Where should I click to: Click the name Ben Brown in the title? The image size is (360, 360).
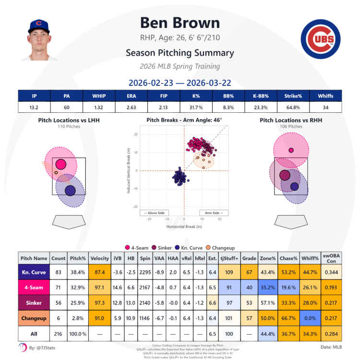click(x=180, y=23)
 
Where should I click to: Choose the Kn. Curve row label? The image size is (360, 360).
click(x=34, y=273)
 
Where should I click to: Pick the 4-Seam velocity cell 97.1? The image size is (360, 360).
click(x=100, y=288)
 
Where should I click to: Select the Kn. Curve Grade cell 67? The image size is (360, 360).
click(x=249, y=273)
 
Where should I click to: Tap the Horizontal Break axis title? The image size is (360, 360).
click(x=184, y=226)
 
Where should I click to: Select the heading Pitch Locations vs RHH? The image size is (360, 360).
click(x=289, y=120)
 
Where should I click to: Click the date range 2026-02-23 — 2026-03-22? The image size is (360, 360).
click(x=180, y=82)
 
